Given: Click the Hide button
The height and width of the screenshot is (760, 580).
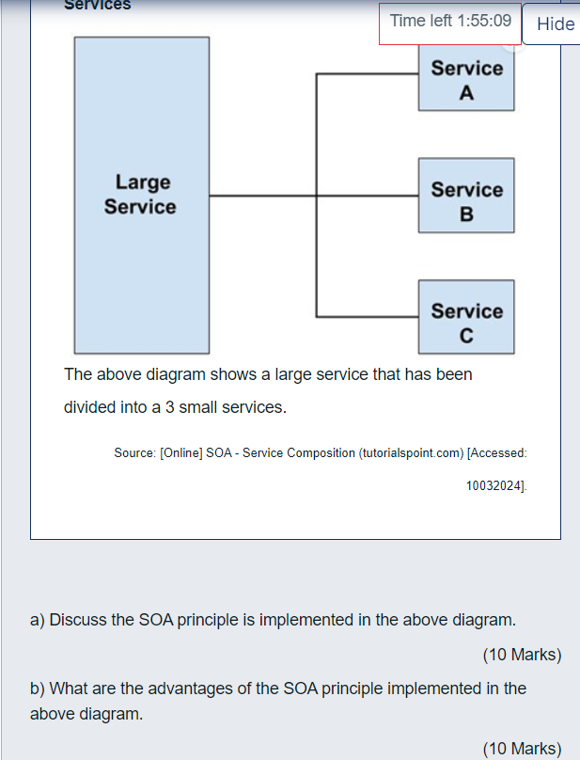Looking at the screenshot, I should coord(555,24).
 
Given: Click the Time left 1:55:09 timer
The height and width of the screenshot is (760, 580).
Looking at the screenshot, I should coord(450,21).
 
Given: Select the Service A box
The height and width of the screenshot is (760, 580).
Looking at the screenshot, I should coord(466,81).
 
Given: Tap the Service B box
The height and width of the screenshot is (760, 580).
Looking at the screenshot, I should coord(466,201).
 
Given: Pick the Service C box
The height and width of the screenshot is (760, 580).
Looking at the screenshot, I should coord(466,322).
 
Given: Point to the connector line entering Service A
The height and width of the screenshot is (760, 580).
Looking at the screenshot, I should coord(367,74).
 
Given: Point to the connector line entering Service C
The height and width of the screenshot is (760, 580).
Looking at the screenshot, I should coord(367,317).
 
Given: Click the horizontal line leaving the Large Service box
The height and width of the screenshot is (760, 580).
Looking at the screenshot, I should coord(262,196).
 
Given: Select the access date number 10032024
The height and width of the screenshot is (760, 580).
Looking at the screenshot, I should coord(495,485).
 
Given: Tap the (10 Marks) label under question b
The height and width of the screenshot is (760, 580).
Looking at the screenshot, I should coord(522,749).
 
